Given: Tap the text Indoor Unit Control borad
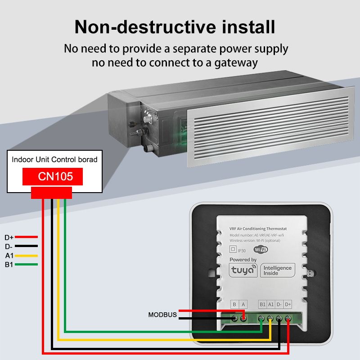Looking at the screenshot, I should point(54,159).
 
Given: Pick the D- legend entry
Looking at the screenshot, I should point(9,246).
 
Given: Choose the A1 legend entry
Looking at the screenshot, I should point(9,256).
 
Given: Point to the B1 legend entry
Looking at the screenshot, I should point(9,265).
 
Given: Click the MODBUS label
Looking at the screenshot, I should point(162,315).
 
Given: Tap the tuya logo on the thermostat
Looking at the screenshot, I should point(243,270).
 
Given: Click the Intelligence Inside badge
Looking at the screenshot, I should point(277,270).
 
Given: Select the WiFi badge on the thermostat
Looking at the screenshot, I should point(261,249).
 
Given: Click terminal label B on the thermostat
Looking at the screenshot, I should point(234,305).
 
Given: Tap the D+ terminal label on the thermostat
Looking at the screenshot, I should point(288,305).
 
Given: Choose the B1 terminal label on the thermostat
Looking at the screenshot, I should point(263,305).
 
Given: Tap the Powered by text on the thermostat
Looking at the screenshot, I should point(243,260).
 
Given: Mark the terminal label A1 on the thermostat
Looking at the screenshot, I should point(271,305).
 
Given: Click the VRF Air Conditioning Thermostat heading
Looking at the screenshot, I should point(260,229).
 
